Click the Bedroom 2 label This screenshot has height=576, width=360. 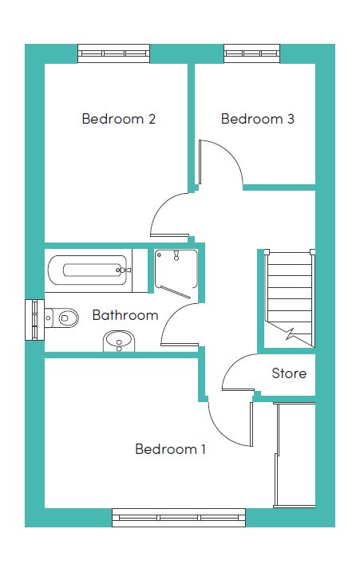(119, 119)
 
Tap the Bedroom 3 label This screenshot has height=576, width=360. (258, 119)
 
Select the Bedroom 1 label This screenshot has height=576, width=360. (170, 449)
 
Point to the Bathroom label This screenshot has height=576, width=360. (125, 315)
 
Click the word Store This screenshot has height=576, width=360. (289, 373)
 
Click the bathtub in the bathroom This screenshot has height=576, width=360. (89, 270)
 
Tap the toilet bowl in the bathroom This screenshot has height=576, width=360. (65, 317)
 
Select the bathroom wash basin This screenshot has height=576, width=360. (119, 341)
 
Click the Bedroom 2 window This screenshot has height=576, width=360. (114, 53)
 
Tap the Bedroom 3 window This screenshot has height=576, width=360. (252, 53)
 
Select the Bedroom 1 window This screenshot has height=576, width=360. (179, 518)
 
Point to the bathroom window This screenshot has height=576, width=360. (34, 320)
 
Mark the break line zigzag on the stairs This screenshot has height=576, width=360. (291, 333)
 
